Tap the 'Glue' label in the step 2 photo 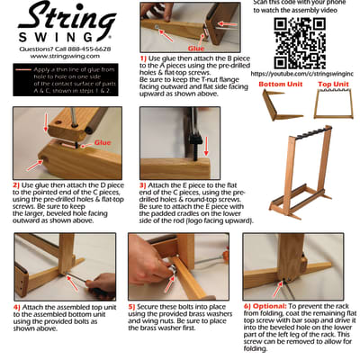click(103, 142)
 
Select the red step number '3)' click(143, 184)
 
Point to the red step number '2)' click(17, 184)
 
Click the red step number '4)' click(17, 306)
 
